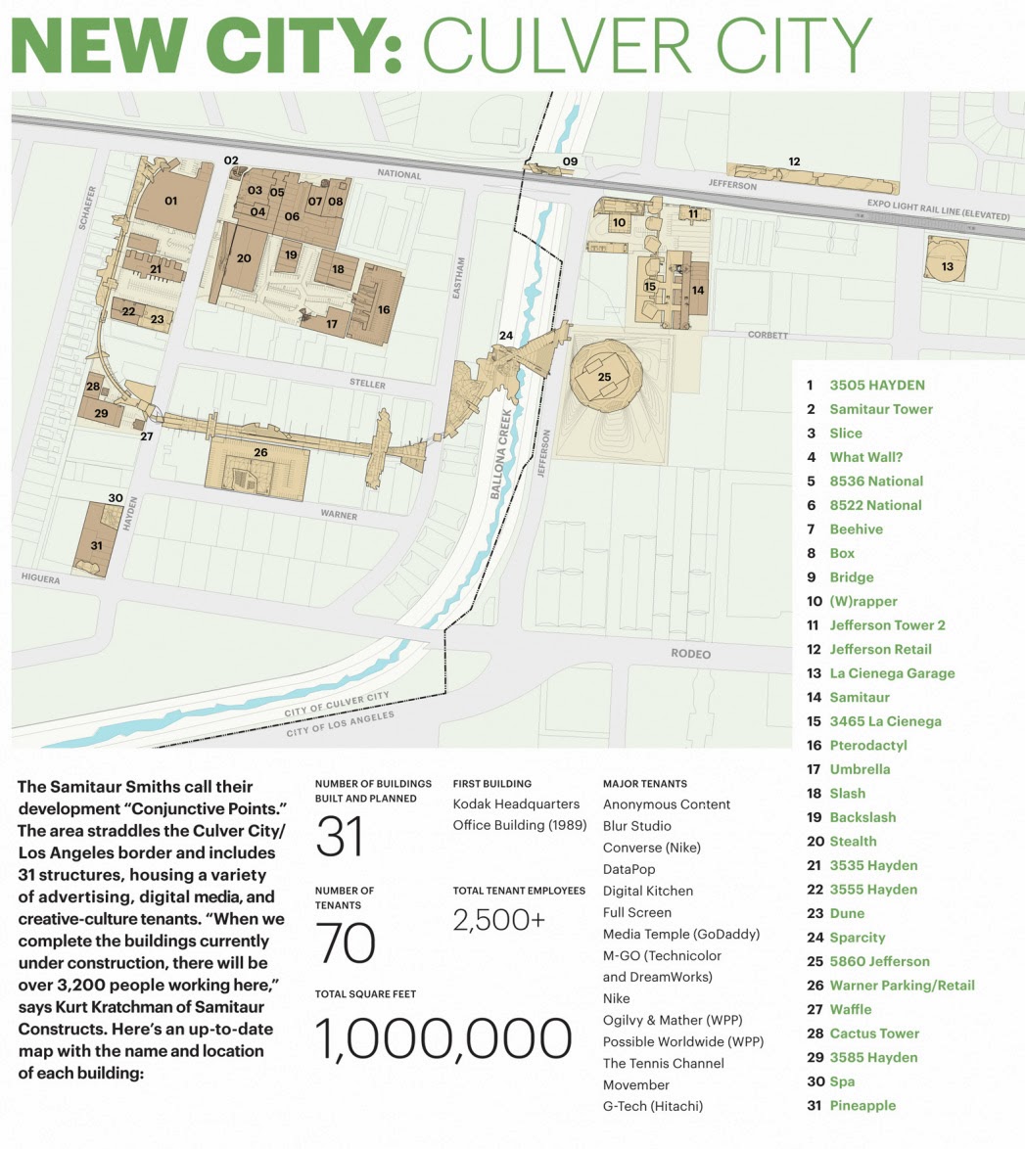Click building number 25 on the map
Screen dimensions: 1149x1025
coord(604,376)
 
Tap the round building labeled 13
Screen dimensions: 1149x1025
coord(947,265)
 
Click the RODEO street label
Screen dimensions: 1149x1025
coord(690,653)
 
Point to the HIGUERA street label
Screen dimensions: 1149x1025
coord(40,579)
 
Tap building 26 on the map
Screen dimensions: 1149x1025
coord(259,452)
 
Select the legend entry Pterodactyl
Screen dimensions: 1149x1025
coord(867,745)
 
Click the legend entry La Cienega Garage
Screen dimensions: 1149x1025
coord(891,673)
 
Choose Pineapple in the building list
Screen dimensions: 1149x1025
coord(862,1105)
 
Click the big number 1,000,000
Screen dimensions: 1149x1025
coord(443,1038)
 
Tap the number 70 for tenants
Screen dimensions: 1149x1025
coord(346,943)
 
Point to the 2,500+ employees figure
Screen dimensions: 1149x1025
coord(498,920)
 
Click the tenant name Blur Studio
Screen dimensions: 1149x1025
coord(636,826)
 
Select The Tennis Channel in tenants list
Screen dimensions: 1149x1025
coord(663,1063)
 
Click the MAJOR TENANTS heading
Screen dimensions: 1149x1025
coord(644,783)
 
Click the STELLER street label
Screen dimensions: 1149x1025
coord(369,385)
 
